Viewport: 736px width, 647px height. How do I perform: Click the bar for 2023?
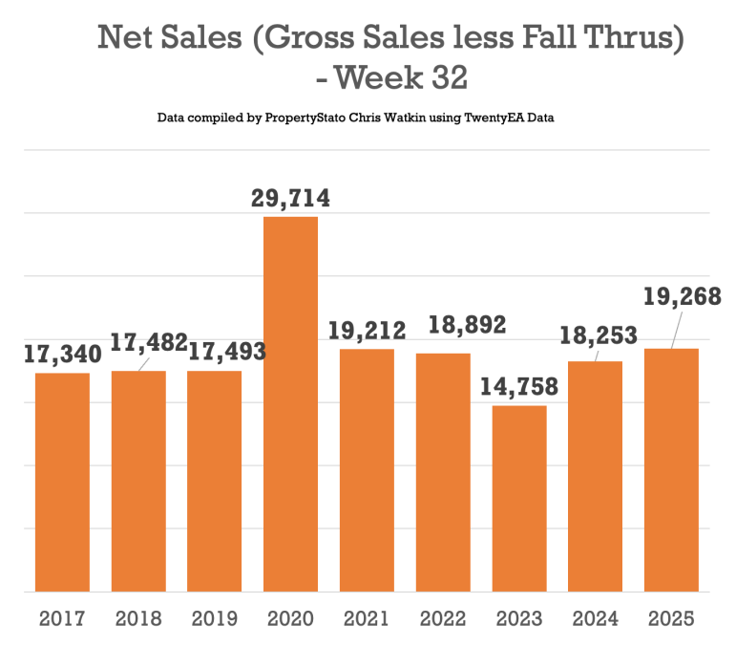[x=519, y=499]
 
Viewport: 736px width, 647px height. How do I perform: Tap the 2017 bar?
[x=62, y=483]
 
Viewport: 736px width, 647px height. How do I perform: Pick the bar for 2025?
[x=671, y=470]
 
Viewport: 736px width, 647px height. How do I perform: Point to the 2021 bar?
[x=367, y=470]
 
